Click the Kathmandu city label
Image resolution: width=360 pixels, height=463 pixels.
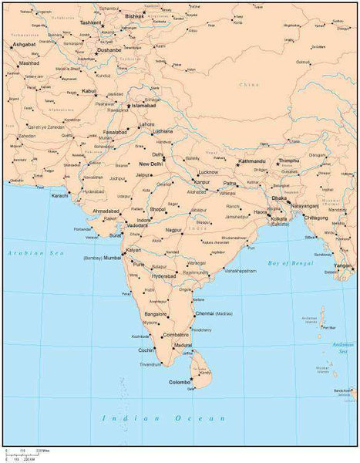point(254,161)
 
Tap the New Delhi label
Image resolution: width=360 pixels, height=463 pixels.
point(151,164)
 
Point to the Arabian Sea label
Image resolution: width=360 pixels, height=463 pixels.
point(24,252)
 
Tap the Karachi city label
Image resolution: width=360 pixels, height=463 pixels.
point(60,196)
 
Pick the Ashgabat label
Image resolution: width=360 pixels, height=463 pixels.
point(22,45)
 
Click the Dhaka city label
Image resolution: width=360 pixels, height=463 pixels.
point(280,198)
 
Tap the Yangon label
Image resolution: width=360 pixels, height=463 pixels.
point(342,265)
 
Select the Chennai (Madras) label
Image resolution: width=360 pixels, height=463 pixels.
point(214,314)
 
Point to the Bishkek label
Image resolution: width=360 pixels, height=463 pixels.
point(134,15)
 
